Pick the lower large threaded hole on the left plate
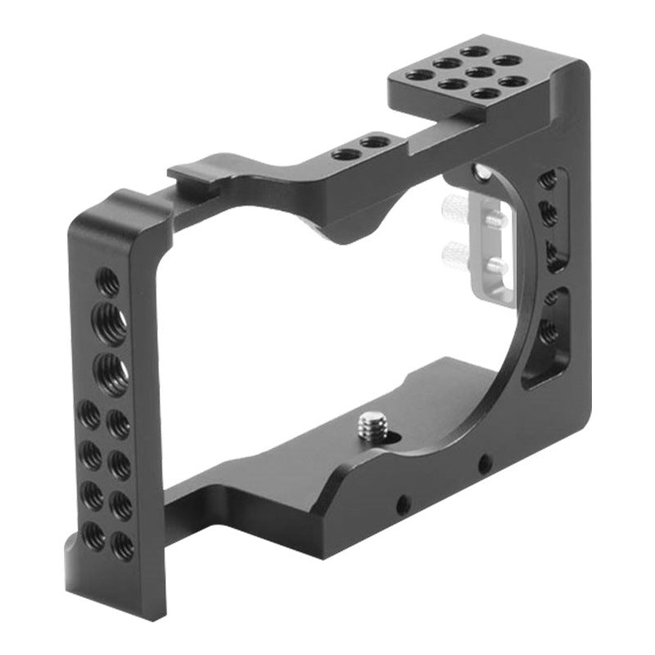[x=111, y=373]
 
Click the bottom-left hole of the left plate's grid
[x=94, y=536]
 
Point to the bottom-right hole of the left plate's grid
[x=123, y=545]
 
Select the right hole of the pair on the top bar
[x=373, y=142]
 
